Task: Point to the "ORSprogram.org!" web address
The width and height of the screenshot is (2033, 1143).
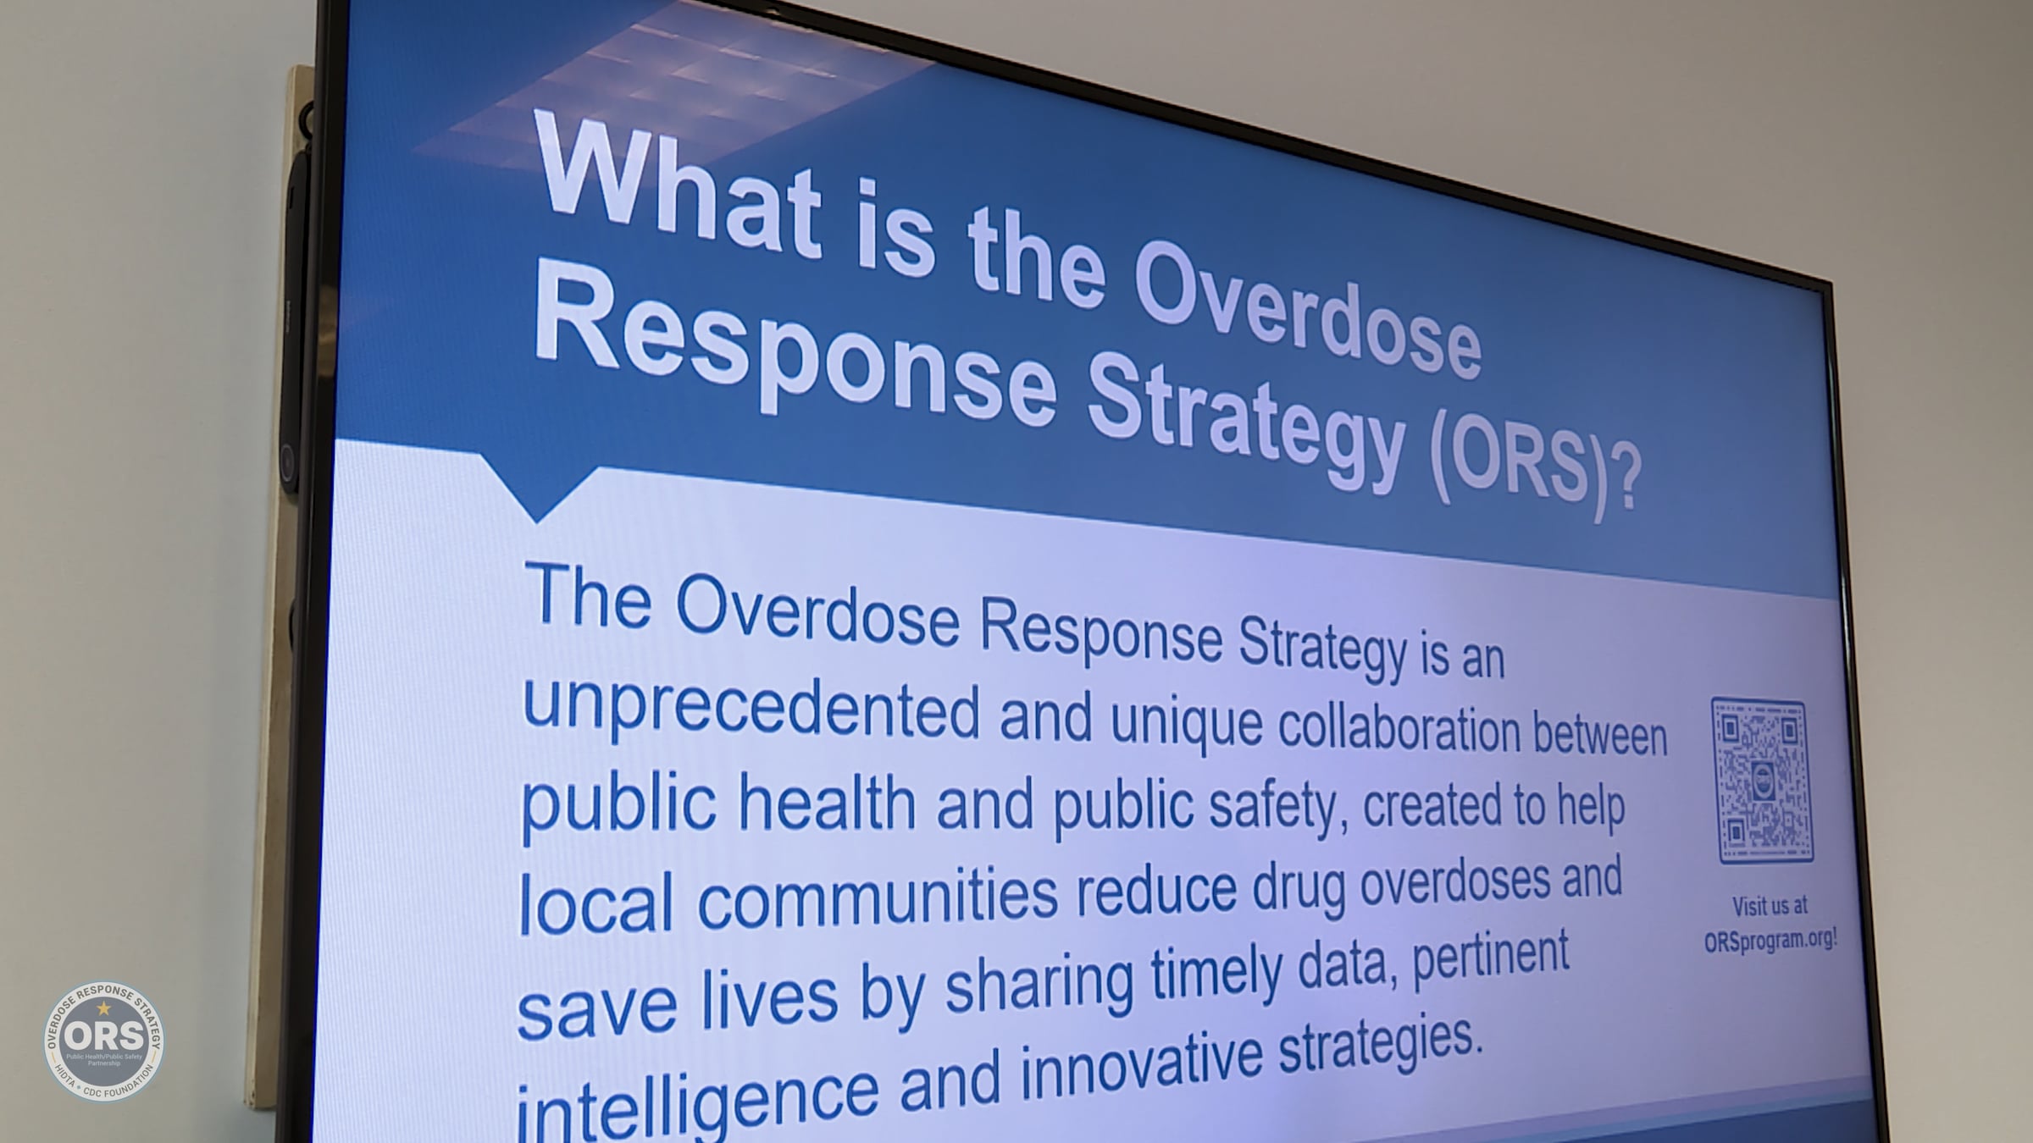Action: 1770,941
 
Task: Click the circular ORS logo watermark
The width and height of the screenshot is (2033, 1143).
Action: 104,1041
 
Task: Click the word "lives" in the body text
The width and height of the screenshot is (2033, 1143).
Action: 767,999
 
